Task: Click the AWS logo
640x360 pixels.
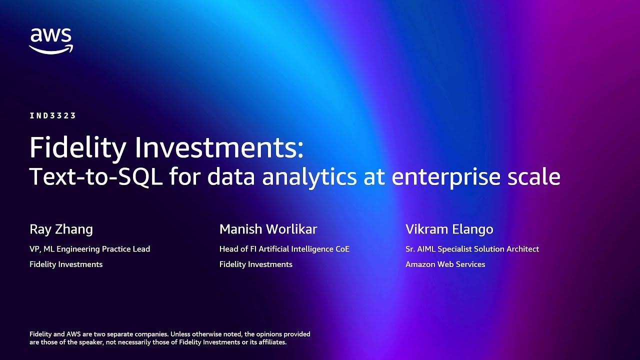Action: [50, 41]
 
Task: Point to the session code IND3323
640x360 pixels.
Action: [52, 116]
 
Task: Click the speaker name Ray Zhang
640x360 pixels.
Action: [61, 229]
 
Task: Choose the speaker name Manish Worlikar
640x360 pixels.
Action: [268, 229]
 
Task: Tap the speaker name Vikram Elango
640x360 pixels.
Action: [449, 229]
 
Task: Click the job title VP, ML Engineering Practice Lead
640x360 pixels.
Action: [89, 249]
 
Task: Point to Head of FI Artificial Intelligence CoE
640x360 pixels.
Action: [284, 249]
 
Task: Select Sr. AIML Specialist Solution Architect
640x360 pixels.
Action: [472, 249]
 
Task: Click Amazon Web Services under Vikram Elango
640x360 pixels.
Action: [445, 264]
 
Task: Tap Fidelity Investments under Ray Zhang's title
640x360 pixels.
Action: [66, 264]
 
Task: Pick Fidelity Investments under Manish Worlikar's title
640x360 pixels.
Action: [255, 264]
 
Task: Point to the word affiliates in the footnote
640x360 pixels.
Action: [270, 342]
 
